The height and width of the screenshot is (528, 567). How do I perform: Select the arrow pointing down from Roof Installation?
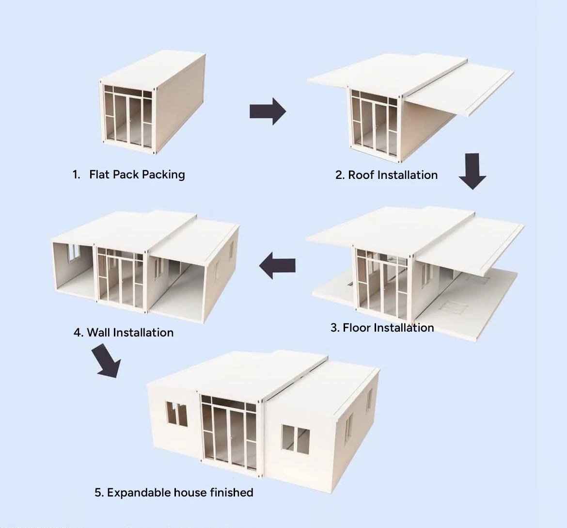[x=472, y=170]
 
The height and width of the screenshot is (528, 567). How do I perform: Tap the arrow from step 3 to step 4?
[x=278, y=266]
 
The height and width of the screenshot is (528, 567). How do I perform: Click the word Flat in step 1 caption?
[x=100, y=174]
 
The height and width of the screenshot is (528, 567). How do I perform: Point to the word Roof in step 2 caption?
[x=361, y=175]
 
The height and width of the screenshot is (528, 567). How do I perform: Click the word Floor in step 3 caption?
[x=356, y=328]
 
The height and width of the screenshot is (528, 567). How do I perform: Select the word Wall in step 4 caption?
[x=99, y=333]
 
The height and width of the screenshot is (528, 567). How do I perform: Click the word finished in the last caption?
[x=232, y=493]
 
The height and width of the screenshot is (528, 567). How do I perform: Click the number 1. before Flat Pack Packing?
[x=76, y=174]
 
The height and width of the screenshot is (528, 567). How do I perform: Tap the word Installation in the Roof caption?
[x=407, y=175]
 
